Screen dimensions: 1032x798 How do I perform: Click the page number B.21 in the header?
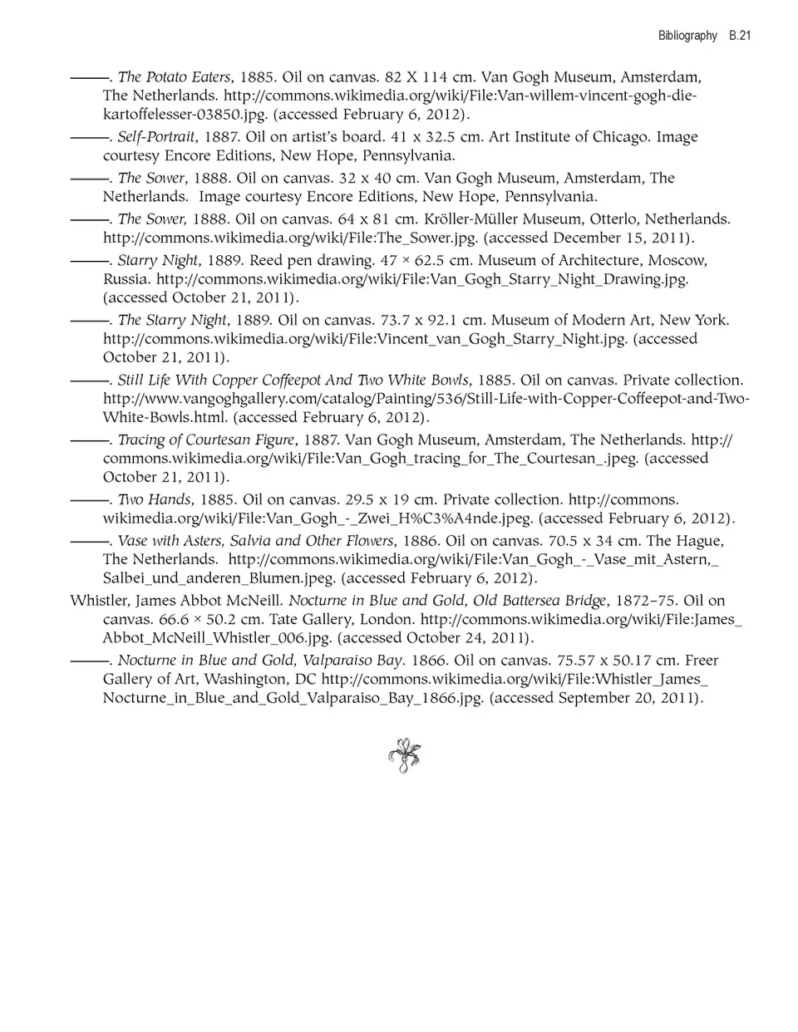740,36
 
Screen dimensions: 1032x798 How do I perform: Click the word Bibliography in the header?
687,36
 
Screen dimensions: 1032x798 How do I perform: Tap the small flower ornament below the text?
404,755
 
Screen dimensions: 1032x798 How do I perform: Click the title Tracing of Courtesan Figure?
206,440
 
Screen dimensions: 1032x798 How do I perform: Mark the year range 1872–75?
644,601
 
